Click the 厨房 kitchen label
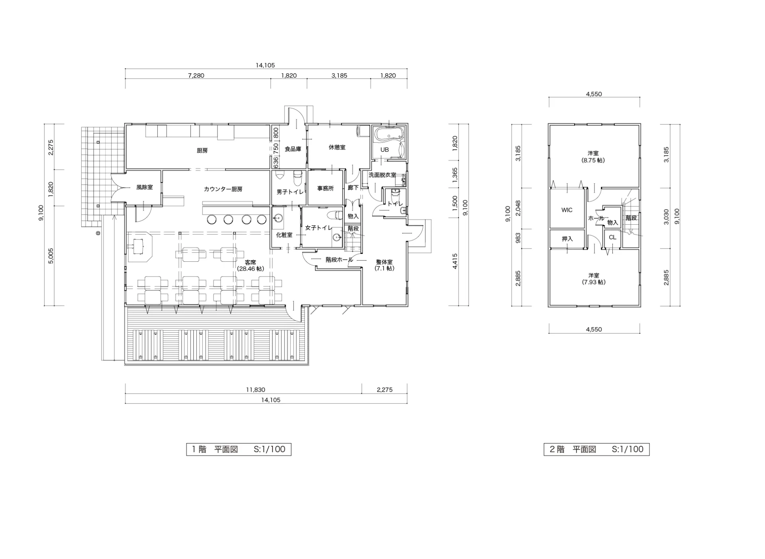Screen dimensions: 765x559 click(202, 151)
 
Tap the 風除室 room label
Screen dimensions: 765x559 click(144, 187)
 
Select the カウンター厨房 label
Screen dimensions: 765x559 click(223, 189)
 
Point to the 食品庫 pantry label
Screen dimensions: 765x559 click(293, 149)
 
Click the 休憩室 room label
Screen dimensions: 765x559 click(337, 147)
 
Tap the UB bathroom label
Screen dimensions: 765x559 click(384, 150)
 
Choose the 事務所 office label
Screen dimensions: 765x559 click(326, 188)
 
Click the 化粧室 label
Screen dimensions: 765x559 click(284, 235)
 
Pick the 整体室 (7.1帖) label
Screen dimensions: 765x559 click(384, 265)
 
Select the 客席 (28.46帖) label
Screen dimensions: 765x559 click(250, 266)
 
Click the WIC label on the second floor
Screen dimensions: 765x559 click(567, 210)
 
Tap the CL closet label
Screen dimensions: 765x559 click(612, 237)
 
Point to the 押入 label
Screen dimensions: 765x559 click(567, 239)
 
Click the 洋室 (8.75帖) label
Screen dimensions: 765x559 click(593, 157)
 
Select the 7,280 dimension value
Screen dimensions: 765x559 click(196, 75)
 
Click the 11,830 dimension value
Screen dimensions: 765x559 click(255, 390)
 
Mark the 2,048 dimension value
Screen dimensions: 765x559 click(518, 208)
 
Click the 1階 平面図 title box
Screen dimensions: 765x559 click(239, 449)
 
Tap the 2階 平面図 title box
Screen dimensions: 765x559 click(596, 449)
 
